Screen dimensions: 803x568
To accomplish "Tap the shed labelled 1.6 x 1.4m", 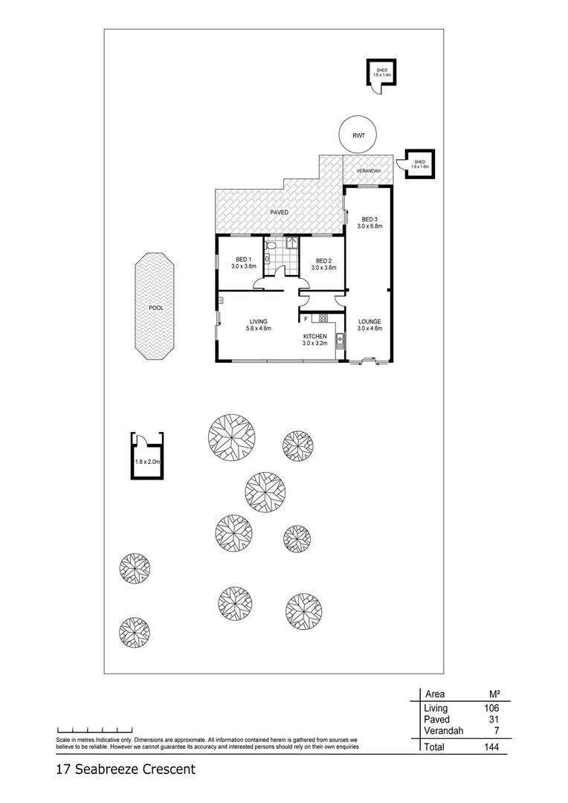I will [382, 72].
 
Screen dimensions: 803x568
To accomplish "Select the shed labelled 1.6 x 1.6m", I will [419, 164].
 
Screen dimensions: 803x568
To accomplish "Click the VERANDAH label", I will [368, 172].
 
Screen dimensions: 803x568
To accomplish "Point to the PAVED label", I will [279, 213].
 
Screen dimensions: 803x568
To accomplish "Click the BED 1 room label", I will [243, 263].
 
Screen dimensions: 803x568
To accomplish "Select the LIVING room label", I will [258, 324].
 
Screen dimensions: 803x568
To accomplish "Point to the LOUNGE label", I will [369, 324].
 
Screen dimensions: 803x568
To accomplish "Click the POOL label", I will [155, 306].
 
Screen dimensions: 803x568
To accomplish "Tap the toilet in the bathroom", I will [271, 244].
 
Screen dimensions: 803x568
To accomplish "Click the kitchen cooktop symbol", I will [323, 318].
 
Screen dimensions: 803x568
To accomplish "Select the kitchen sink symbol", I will [340, 341].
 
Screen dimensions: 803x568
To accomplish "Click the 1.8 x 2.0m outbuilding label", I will [147, 462].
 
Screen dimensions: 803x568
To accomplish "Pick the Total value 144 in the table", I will [489, 746].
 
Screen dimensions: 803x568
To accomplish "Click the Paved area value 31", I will [492, 720].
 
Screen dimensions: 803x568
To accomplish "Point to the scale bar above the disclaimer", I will [94, 730].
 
